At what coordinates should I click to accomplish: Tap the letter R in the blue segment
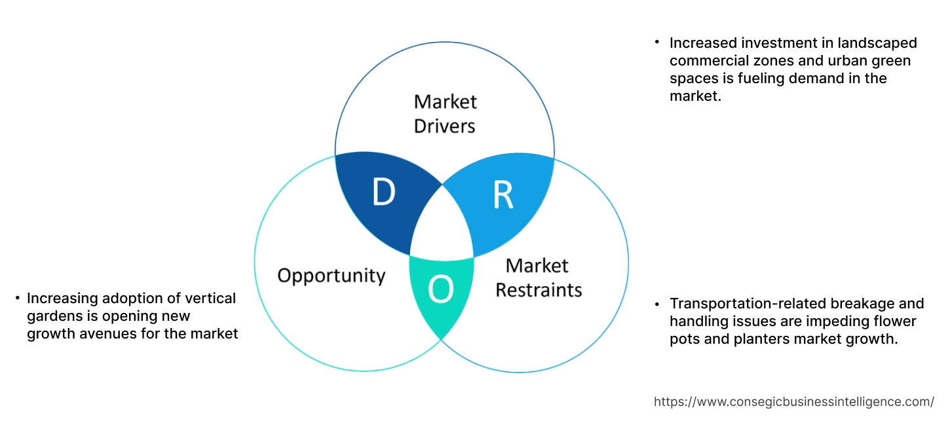tap(503, 195)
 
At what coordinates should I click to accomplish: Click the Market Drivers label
tap(445, 113)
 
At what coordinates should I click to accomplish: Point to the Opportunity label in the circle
tap(331, 275)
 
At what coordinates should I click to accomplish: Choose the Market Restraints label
tap(538, 277)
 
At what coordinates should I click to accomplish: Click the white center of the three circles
tap(442, 229)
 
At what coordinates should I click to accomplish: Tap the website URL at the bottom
tap(794, 401)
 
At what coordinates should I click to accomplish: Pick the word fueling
tap(759, 79)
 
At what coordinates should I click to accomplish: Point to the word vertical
tap(213, 299)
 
